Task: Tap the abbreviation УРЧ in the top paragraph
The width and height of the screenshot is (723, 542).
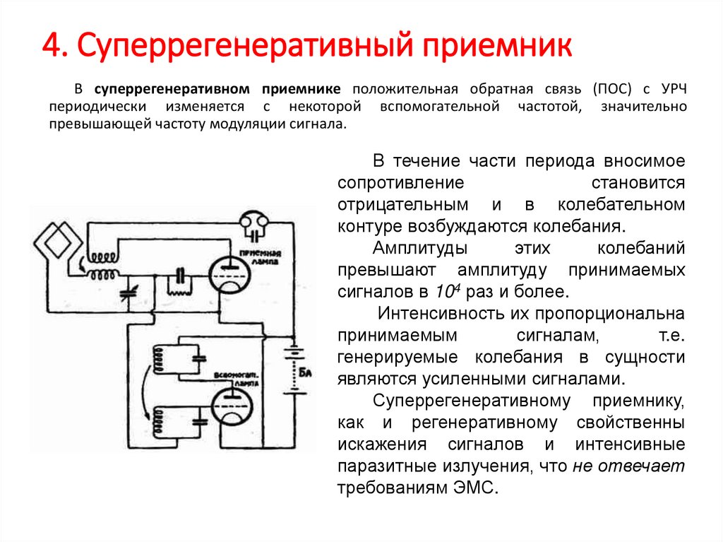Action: (x=671, y=90)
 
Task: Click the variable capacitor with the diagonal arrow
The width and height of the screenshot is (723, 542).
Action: (x=128, y=291)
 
